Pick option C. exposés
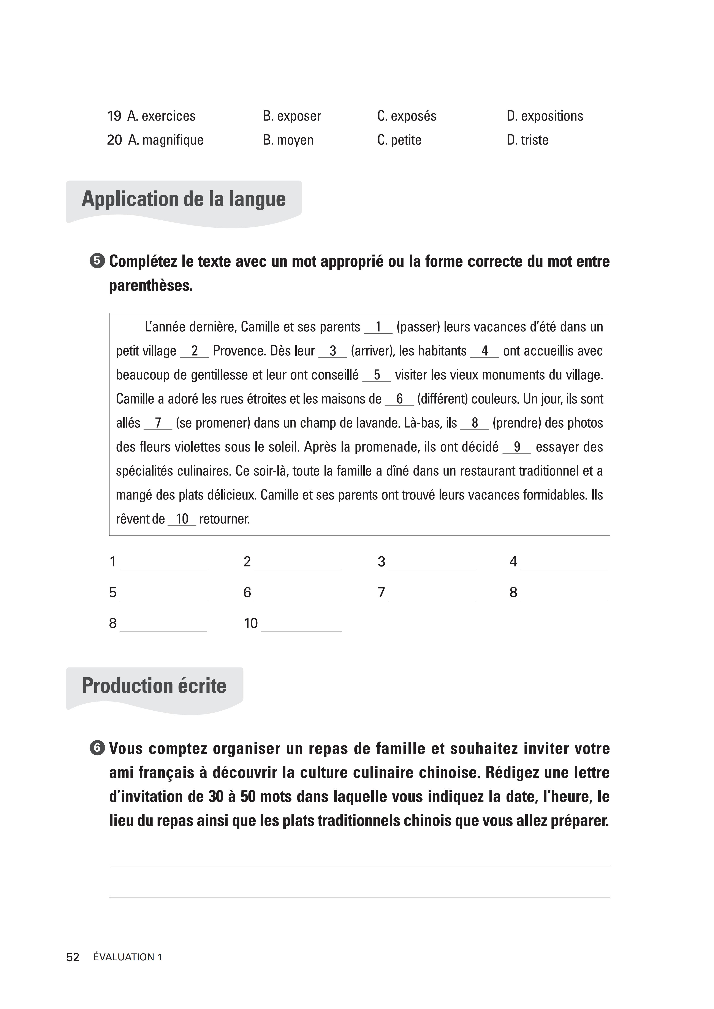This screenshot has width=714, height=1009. click(407, 116)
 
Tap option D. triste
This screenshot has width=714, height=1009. click(528, 140)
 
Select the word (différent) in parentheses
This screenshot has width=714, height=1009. click(442, 399)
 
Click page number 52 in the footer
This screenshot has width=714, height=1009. click(73, 957)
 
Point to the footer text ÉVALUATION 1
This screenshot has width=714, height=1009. click(128, 957)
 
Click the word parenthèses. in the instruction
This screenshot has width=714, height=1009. click(151, 286)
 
